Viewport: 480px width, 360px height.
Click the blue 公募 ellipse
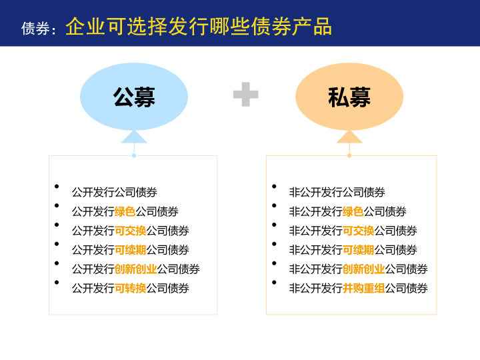pyautogui.click(x=134, y=97)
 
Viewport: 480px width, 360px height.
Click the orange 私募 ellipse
pyautogui.click(x=349, y=97)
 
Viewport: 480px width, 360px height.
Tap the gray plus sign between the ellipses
pyautogui.click(x=246, y=94)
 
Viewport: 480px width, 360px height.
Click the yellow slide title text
pyautogui.click(x=199, y=26)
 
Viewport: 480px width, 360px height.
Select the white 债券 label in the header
pyautogui.click(x=35, y=29)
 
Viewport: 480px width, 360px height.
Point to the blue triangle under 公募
pyautogui.click(x=134, y=137)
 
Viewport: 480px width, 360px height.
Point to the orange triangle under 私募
pyautogui.click(x=349, y=137)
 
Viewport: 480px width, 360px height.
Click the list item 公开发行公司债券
pyautogui.click(x=115, y=192)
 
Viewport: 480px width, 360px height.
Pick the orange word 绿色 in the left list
pyautogui.click(x=125, y=211)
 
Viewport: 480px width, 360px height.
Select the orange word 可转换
pyautogui.click(x=131, y=288)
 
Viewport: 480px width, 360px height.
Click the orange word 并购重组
pyautogui.click(x=364, y=288)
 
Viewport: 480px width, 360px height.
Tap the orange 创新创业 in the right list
pyautogui.click(x=364, y=269)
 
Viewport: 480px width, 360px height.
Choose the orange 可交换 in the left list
pyautogui.click(x=131, y=231)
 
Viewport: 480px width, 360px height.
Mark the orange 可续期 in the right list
pyautogui.click(x=359, y=250)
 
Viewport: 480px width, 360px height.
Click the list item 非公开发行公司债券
pyautogui.click(x=337, y=192)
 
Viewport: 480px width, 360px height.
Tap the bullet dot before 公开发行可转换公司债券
pyautogui.click(x=57, y=282)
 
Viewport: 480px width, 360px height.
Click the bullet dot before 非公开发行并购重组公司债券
pyautogui.click(x=274, y=282)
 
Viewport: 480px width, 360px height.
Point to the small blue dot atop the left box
pyautogui.click(x=134, y=155)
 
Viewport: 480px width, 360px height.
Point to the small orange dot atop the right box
pyautogui.click(x=349, y=155)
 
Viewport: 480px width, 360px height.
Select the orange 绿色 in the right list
pyautogui.click(x=353, y=211)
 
